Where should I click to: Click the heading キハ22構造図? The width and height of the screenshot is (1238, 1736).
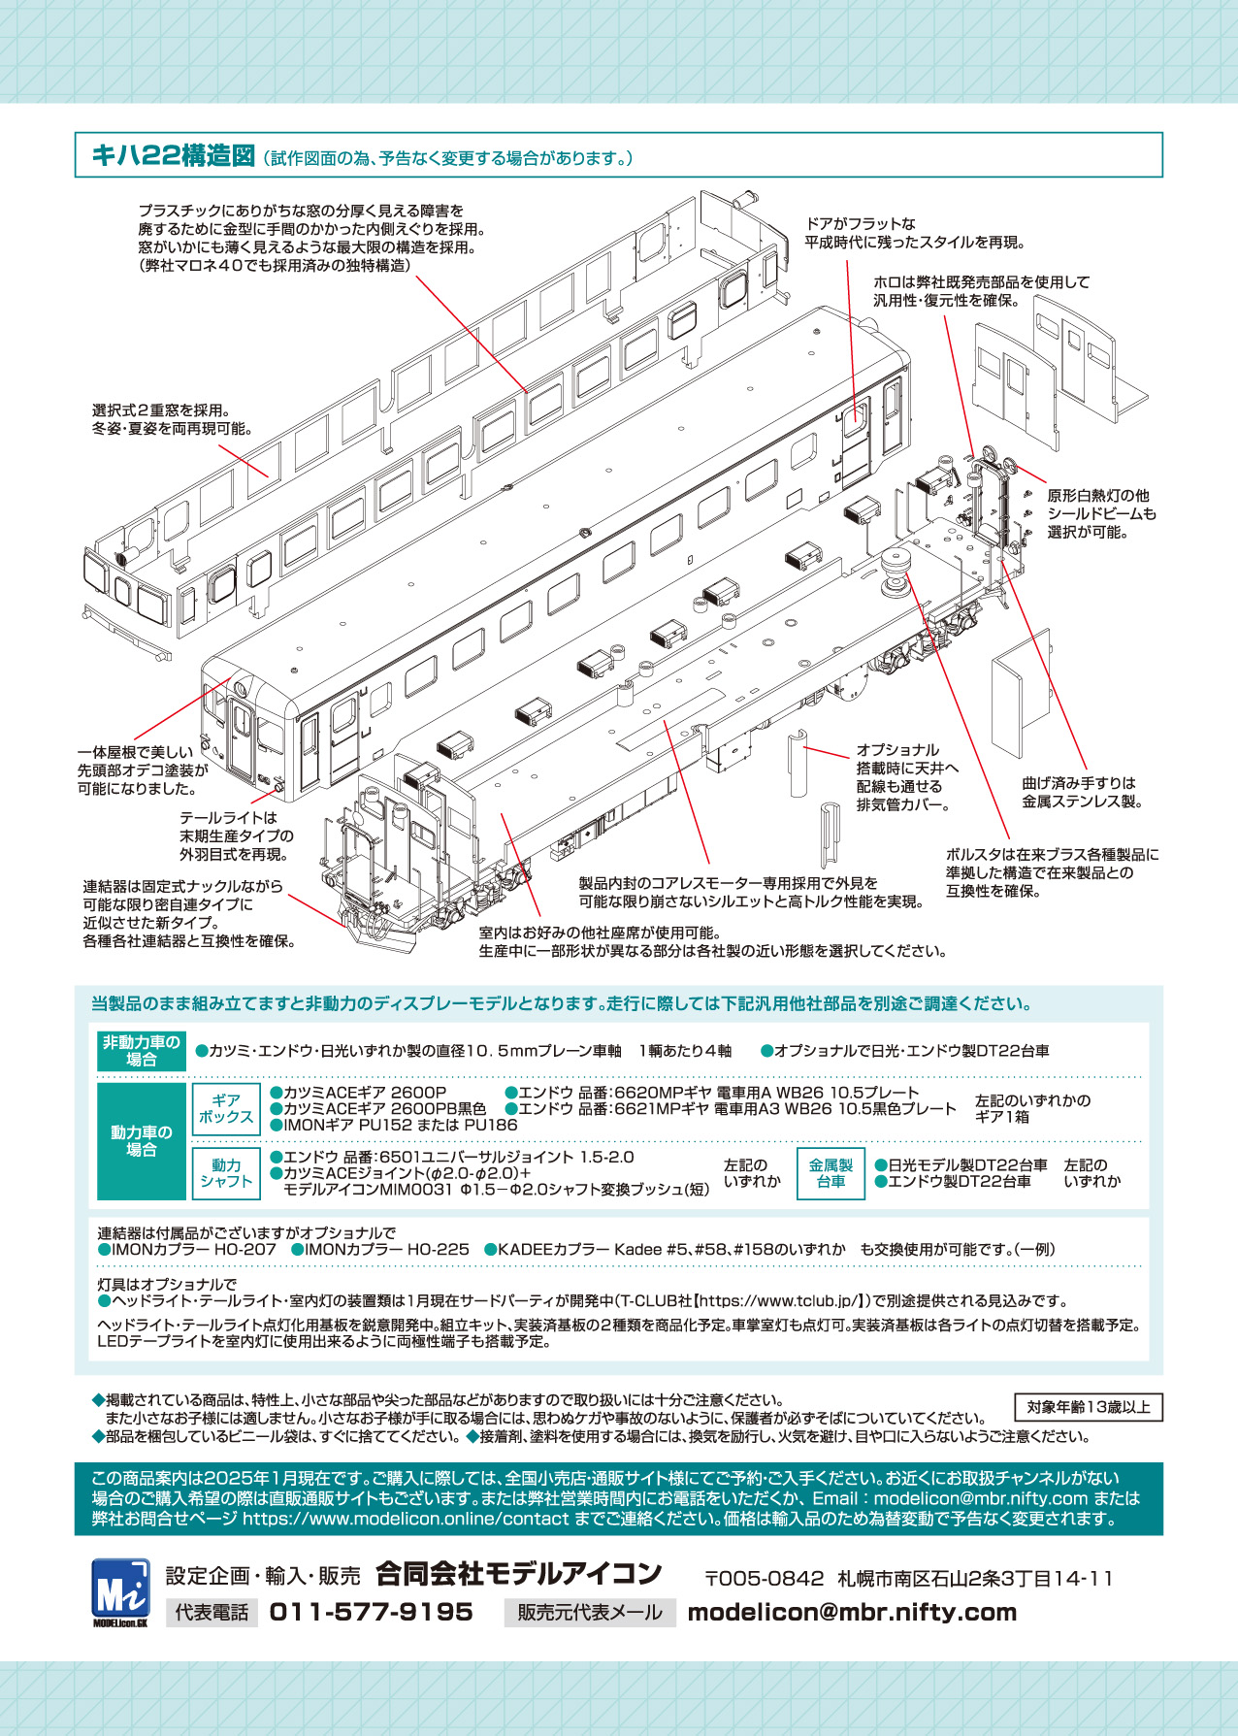click(x=173, y=155)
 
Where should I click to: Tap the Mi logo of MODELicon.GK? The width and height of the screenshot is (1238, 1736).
click(x=120, y=1589)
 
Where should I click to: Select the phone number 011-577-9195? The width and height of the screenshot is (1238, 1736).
click(x=371, y=1612)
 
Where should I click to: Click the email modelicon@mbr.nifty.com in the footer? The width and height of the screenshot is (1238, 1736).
click(x=852, y=1612)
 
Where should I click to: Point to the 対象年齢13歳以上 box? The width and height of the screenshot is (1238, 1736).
click(x=1088, y=1407)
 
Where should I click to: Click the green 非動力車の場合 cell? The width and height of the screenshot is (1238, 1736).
click(x=142, y=1051)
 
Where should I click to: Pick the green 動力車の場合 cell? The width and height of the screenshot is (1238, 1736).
click(x=142, y=1141)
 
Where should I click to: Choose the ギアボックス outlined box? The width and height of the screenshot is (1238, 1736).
click(x=226, y=1109)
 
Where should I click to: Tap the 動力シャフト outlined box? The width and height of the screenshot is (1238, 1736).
click(x=226, y=1173)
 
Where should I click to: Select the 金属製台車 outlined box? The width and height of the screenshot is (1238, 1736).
click(x=831, y=1173)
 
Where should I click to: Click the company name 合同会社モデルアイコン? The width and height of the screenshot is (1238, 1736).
click(x=518, y=1574)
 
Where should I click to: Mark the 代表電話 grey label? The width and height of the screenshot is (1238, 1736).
click(x=212, y=1613)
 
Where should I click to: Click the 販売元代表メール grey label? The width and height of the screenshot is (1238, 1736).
click(x=589, y=1613)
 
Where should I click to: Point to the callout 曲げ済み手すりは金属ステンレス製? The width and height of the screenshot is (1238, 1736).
click(x=1081, y=792)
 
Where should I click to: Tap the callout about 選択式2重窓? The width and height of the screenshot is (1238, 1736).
click(x=172, y=419)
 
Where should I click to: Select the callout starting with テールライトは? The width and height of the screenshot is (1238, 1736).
click(x=236, y=835)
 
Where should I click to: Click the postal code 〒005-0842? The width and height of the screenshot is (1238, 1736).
click(x=764, y=1579)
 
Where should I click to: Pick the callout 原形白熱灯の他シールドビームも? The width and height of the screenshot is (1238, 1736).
click(x=1101, y=513)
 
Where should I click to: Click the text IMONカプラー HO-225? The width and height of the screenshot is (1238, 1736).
click(x=386, y=1250)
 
